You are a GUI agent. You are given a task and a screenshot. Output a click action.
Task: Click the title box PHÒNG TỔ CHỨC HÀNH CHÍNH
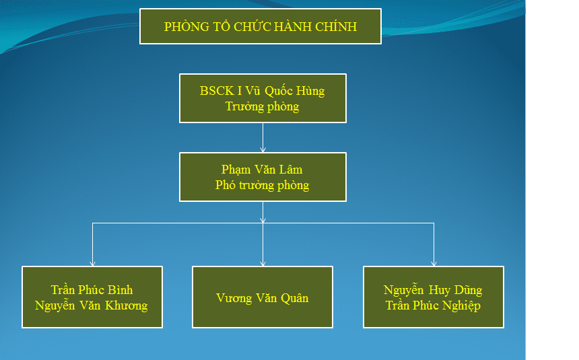pos(261,26)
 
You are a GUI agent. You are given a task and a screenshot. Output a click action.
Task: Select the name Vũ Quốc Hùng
pos(285,91)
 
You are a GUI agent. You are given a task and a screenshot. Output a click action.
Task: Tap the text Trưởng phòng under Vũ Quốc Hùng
pos(262,107)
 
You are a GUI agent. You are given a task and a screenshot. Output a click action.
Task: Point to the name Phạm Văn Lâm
pos(262,170)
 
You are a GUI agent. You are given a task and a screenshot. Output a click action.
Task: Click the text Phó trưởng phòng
pos(262,185)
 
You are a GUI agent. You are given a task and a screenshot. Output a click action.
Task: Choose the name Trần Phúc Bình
pos(92,290)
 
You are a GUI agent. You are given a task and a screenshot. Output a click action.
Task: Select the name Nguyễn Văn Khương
pos(91,305)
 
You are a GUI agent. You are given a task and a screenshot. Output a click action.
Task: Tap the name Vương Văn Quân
pos(262,298)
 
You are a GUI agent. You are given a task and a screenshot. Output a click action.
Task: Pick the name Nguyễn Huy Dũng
pos(433,290)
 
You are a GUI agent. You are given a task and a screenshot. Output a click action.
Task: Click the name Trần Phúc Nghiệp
pos(433,305)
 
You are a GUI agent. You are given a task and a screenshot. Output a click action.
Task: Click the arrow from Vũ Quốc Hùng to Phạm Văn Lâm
pos(263,138)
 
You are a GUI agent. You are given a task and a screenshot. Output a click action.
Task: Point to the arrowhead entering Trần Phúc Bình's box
pos(92,263)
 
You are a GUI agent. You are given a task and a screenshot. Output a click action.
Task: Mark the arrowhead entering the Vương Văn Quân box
pos(263,263)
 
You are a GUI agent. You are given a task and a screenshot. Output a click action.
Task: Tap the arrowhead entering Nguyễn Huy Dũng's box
pos(434,263)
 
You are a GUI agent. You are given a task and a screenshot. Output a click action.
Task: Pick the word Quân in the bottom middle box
pos(295,298)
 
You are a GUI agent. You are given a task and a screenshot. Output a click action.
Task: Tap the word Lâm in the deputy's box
pos(291,170)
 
